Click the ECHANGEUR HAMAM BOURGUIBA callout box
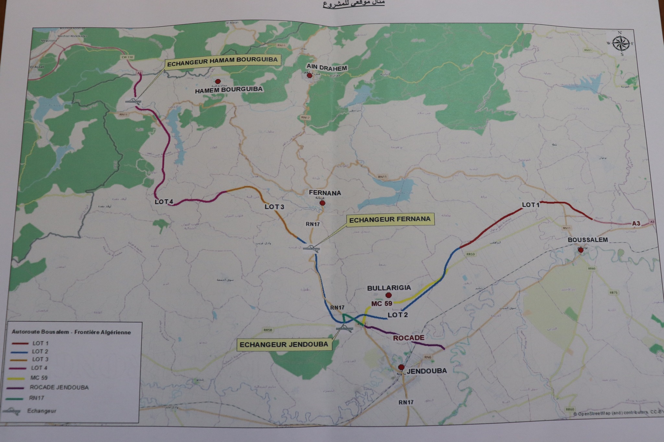(x=223, y=60)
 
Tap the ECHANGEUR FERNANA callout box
(x=390, y=219)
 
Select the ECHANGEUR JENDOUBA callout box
(x=284, y=345)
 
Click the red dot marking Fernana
(x=322, y=203)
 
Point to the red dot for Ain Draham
(x=310, y=76)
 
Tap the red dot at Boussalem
(x=580, y=250)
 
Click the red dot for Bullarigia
(x=388, y=295)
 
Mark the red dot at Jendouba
(x=401, y=367)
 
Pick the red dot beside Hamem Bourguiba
(x=218, y=81)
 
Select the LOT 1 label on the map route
(x=530, y=205)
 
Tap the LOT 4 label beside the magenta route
(x=164, y=202)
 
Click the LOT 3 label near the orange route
(x=274, y=207)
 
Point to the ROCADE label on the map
(x=409, y=338)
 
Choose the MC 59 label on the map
(x=382, y=303)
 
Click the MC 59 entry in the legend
(x=39, y=378)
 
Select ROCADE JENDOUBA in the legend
(x=59, y=387)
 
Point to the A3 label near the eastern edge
(x=636, y=223)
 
